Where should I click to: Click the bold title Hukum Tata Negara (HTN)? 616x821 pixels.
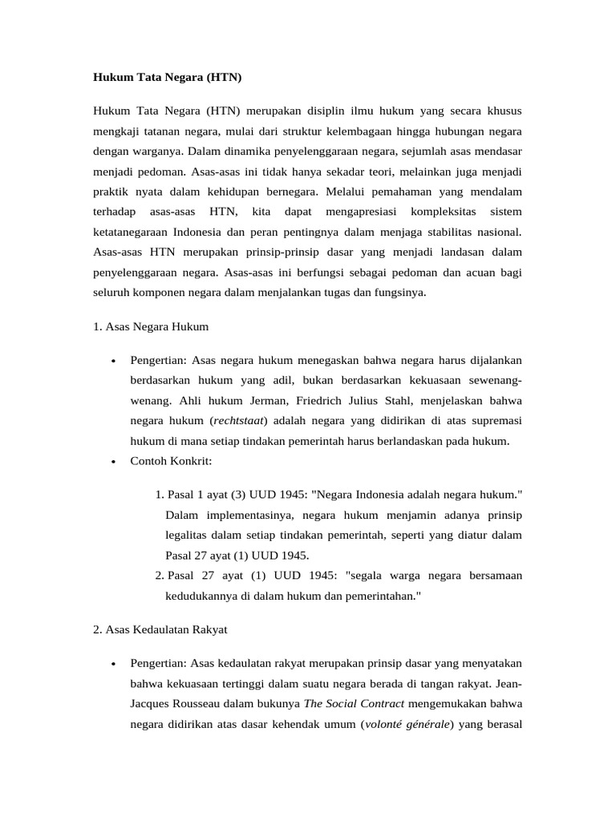point(167,78)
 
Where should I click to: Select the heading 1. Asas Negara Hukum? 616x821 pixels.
point(151,326)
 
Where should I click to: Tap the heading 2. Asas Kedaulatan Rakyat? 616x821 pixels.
point(160,629)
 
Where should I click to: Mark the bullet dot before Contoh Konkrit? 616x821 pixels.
point(115,462)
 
